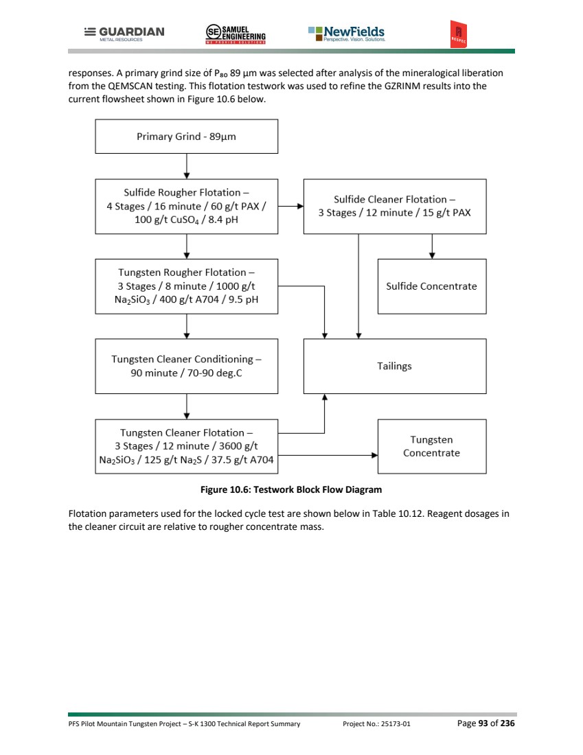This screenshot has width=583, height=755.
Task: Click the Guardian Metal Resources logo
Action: [124, 34]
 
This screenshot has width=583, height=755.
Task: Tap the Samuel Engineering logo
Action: [236, 34]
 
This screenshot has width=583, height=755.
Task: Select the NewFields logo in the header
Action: [346, 34]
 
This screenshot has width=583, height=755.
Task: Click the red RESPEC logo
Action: [458, 34]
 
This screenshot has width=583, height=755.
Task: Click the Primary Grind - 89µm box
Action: [187, 137]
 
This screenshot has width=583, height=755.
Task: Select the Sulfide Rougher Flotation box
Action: [187, 206]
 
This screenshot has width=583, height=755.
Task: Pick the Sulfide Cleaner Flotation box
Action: [395, 206]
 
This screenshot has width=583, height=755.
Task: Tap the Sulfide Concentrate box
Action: [432, 286]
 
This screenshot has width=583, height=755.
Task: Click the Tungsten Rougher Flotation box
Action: [187, 286]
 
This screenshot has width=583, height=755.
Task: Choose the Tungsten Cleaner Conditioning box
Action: [187, 366]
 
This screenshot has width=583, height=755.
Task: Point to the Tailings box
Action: [395, 366]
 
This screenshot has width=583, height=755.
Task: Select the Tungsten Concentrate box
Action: [432, 446]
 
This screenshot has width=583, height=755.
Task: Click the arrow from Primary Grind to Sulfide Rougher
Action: [187, 166]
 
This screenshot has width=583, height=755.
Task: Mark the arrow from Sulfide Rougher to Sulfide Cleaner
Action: [291, 206]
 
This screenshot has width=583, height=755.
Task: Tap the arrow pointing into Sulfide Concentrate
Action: [432, 246]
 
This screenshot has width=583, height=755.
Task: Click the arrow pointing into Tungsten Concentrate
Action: [328, 455]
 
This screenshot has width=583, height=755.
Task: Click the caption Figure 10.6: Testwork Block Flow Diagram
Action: [291, 489]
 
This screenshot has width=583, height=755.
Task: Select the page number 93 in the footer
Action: [483, 723]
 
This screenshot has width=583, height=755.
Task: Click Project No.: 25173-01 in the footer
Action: [376, 723]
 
